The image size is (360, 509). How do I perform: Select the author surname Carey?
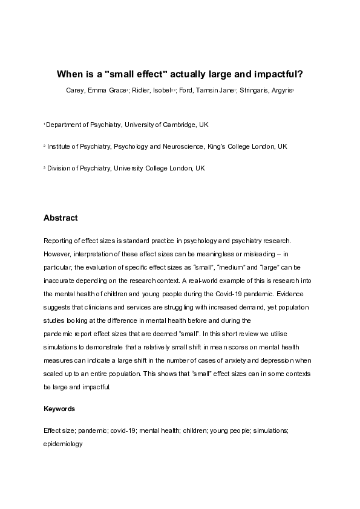(x=76, y=91)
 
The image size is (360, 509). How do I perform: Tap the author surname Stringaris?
(x=272, y=91)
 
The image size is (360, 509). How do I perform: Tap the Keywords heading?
(x=59, y=409)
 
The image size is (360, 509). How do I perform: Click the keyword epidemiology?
(x=63, y=444)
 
